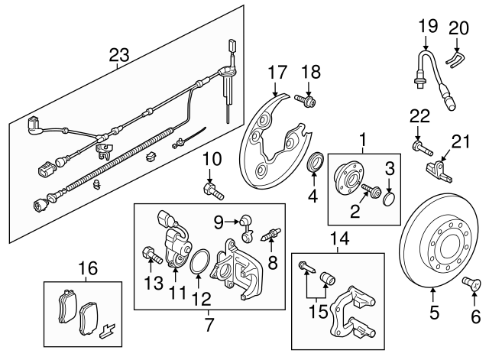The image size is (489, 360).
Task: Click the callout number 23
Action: tap(118, 55)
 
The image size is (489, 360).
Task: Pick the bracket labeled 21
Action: tap(436, 169)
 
